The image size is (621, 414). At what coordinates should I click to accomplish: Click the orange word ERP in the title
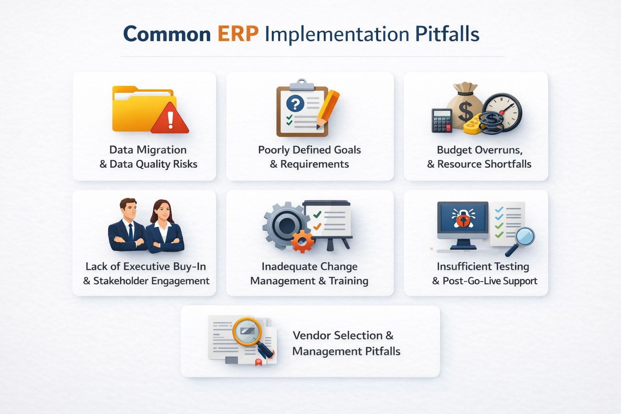[238, 34]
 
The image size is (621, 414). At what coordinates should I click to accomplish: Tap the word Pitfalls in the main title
[447, 34]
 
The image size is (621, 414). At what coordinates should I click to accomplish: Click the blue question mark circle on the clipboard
[295, 104]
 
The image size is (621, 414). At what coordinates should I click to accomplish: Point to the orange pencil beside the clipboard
[328, 109]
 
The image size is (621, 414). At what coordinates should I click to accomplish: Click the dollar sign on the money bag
[465, 111]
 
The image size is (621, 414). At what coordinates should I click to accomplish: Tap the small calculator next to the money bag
[441, 120]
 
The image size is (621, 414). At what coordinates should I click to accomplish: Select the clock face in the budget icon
[503, 111]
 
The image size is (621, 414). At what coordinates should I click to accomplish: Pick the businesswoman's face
[163, 212]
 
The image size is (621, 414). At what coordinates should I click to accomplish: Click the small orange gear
[302, 241]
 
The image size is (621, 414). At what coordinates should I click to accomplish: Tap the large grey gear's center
[286, 224]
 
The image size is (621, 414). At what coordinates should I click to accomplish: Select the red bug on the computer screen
[463, 219]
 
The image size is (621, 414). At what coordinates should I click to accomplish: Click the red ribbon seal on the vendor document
[258, 361]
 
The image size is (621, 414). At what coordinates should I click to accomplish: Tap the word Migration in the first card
[162, 150]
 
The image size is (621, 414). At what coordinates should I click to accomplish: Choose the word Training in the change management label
[348, 281]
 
